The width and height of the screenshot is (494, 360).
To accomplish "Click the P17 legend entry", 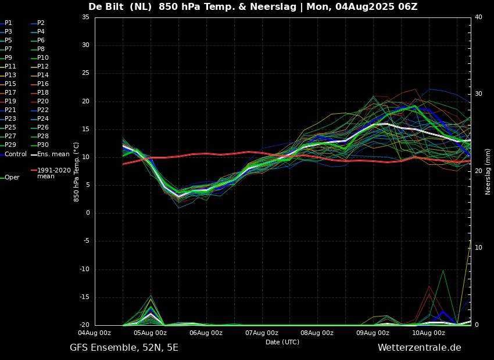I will tap(10, 93).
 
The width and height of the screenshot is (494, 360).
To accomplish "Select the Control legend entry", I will tap(15, 154).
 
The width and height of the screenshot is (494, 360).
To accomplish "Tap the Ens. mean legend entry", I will tap(53, 154).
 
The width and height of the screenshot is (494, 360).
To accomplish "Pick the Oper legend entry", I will tap(12, 178).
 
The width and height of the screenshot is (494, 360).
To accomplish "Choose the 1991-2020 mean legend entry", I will tap(53, 173).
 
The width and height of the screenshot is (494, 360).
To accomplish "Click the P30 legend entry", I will tap(43, 145).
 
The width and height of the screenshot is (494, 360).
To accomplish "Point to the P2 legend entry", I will tap(41, 23).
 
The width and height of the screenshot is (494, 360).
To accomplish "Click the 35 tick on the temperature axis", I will tap(85, 17).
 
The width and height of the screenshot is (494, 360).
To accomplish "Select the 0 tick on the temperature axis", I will tap(87, 213).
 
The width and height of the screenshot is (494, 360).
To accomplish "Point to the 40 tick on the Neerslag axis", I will tap(478, 17).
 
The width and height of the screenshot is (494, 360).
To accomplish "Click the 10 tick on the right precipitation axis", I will tap(478, 248).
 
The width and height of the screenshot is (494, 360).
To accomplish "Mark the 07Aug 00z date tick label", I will tap(262, 333).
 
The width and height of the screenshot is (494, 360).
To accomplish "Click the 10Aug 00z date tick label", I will tap(428, 333).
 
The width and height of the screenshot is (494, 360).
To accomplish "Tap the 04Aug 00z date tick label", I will tap(95, 333).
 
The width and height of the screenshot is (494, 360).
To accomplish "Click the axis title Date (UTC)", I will tap(282, 343).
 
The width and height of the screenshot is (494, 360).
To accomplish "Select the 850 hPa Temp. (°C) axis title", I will tap(77, 171).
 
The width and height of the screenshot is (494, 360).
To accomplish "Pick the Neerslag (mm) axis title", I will tap(488, 171).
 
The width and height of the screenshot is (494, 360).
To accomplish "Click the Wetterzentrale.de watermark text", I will tap(419, 348).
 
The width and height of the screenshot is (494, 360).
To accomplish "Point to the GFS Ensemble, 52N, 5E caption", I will tap(124, 348).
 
